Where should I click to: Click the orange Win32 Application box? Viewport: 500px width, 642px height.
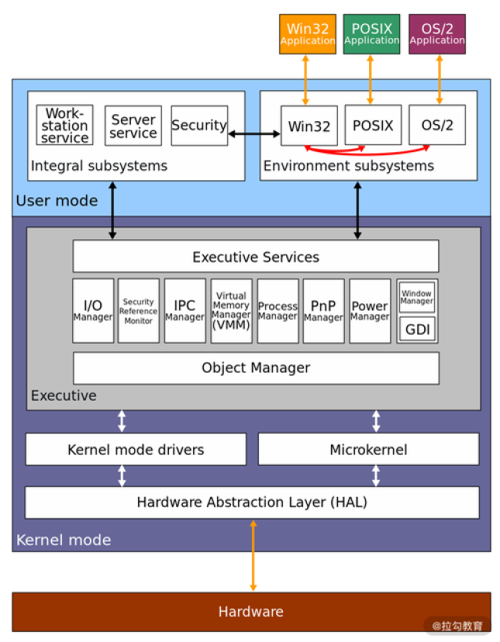(307, 34)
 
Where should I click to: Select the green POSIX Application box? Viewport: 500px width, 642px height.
(371, 34)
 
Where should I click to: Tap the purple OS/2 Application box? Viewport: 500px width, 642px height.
(437, 34)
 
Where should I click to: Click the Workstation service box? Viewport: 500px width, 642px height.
(64, 126)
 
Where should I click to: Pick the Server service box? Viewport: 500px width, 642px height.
(133, 126)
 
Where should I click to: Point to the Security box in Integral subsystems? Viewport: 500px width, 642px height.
(198, 126)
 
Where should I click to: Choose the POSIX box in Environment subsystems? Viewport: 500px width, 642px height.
(373, 126)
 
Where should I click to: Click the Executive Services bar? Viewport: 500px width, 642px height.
(256, 256)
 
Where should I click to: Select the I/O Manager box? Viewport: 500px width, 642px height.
(93, 311)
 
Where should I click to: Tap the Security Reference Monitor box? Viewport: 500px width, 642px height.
(139, 311)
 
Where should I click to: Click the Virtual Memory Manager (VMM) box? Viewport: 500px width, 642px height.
(231, 311)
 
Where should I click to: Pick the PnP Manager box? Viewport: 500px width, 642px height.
(323, 311)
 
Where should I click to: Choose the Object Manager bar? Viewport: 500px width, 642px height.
(256, 368)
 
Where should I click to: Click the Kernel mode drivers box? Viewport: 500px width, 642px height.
(136, 449)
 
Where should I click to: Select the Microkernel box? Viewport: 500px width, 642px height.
(368, 449)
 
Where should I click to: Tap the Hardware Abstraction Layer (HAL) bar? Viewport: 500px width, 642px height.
(252, 502)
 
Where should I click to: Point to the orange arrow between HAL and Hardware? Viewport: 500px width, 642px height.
(253, 555)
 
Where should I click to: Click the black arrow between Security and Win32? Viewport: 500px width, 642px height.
(254, 134)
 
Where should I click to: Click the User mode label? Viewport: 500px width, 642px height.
(57, 201)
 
